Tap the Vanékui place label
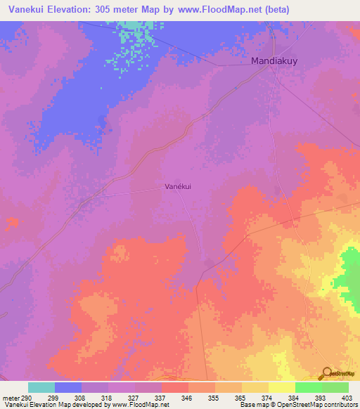click(x=178, y=186)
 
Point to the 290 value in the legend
click(x=25, y=398)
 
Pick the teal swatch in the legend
click(x=41, y=387)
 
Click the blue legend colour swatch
click(x=68, y=387)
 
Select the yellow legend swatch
click(x=282, y=387)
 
